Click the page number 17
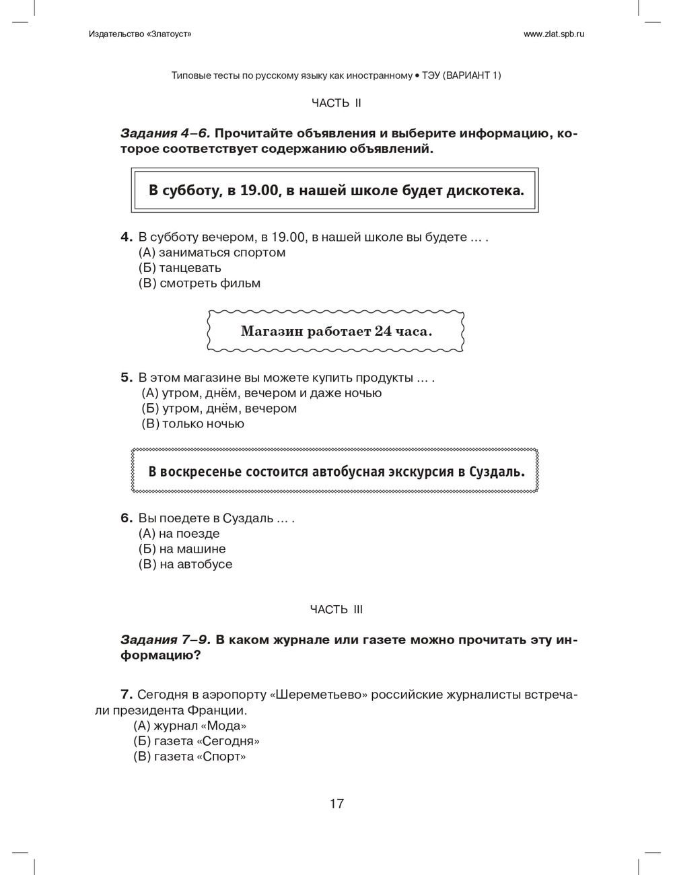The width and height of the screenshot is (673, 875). (x=336, y=804)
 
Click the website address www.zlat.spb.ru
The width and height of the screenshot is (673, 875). (x=553, y=34)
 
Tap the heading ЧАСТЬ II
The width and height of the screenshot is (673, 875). (x=336, y=103)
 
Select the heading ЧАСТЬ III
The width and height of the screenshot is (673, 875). (x=336, y=610)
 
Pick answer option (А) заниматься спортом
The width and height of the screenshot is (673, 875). (x=212, y=252)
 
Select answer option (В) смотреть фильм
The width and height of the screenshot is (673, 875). (x=199, y=283)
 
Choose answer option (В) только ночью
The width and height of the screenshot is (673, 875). (x=192, y=424)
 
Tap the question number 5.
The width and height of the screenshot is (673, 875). (x=126, y=378)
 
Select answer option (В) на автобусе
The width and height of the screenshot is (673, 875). (x=185, y=565)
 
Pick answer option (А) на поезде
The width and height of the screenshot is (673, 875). (x=179, y=534)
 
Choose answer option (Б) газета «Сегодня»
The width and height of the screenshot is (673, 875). (x=197, y=742)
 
